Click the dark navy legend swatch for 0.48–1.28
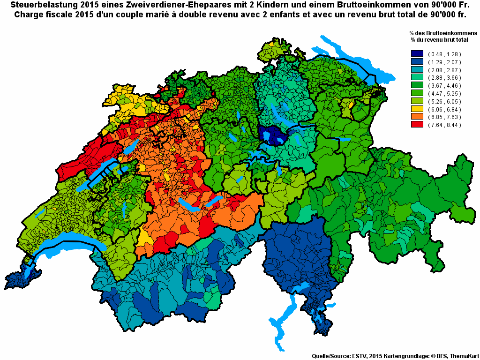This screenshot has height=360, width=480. (417, 54)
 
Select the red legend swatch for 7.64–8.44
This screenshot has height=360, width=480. (417, 125)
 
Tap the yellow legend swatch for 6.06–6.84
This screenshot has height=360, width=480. (417, 109)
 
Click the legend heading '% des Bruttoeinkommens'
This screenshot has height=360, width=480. (442, 33)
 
